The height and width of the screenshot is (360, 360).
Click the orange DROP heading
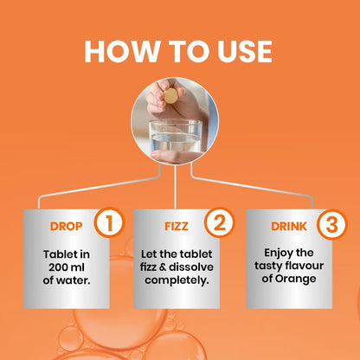tap(67, 227)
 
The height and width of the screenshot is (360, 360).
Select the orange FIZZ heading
tap(177, 227)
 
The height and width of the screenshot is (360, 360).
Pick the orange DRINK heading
tap(289, 227)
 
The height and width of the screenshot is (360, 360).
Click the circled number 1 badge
tap(109, 223)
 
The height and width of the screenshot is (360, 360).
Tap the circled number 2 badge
tap(220, 222)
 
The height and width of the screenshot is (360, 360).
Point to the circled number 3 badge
tap(331, 224)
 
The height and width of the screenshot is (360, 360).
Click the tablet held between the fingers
tap(170, 96)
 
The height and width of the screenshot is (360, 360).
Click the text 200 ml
tap(67, 267)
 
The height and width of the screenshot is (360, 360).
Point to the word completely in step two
tap(177, 280)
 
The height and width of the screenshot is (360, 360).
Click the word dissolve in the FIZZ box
tap(191, 267)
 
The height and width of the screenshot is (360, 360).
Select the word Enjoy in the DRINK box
tap(276, 254)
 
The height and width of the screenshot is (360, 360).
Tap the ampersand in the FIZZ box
tap(163, 267)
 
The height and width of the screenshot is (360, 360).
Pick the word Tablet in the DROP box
tap(58, 254)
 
